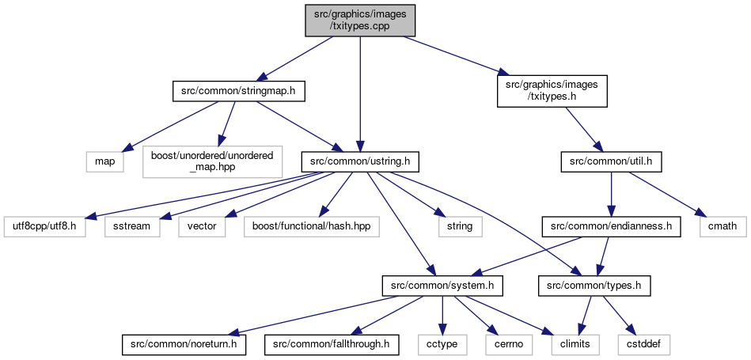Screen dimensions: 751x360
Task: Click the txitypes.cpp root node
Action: point(360,20)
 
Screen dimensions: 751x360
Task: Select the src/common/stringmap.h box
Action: point(238,92)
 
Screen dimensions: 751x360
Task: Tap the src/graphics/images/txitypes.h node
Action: point(552,91)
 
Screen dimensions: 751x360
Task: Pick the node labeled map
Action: point(105,162)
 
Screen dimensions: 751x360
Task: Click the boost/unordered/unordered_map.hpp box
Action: point(212,162)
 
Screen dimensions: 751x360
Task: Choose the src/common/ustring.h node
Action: point(360,162)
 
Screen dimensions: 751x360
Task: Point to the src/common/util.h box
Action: point(611,162)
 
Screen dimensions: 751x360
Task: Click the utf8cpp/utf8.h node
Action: point(45,226)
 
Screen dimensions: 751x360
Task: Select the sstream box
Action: point(131,226)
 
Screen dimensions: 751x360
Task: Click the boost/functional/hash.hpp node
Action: point(311,226)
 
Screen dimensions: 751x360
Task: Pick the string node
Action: point(460,226)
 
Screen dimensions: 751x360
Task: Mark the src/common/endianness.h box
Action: point(611,226)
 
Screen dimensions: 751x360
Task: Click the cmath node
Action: point(723,226)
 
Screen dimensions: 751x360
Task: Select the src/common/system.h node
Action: point(442,286)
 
